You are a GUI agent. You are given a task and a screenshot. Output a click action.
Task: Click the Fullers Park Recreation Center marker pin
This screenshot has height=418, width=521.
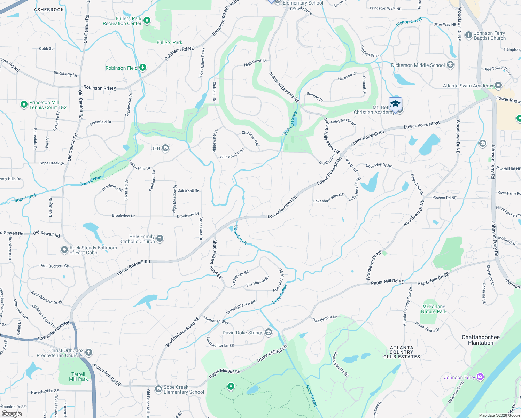click(147, 21)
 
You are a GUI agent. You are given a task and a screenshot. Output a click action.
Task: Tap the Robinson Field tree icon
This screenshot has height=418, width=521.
click(143, 68)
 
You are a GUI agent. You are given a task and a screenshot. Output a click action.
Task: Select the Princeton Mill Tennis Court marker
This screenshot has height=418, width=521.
click(24, 104)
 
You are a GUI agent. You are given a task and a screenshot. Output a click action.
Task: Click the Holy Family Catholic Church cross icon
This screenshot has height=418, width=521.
click(160, 238)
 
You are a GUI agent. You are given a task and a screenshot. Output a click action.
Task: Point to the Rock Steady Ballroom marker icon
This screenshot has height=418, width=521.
click(64, 250)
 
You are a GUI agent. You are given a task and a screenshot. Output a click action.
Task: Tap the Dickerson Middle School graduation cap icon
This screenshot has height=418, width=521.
click(450, 65)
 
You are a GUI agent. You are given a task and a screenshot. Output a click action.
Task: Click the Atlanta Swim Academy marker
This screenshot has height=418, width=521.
click(498, 85)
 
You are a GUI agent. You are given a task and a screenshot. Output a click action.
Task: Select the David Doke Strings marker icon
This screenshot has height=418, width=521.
click(269, 332)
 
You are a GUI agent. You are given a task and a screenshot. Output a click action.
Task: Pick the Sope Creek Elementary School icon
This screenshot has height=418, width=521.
click(158, 388)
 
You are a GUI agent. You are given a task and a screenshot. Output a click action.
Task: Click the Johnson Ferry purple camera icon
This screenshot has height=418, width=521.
click(480, 377)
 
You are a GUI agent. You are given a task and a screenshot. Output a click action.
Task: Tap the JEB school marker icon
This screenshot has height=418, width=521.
click(165, 148)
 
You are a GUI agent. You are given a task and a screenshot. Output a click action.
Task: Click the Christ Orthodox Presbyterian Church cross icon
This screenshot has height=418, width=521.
click(89, 352)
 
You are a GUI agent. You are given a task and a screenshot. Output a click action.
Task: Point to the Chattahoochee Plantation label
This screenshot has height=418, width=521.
click(481, 340)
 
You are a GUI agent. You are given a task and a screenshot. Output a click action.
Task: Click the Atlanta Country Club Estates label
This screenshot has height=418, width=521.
click(402, 352)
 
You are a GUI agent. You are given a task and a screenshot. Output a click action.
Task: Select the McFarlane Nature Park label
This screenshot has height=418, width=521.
click(434, 309)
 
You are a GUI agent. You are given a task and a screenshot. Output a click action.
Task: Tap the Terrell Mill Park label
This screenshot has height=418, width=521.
click(78, 377)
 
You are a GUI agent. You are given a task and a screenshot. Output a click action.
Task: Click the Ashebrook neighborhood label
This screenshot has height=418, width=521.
click(49, 10)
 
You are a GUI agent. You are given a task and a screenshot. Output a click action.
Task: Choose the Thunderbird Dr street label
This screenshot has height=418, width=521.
click(324, 319)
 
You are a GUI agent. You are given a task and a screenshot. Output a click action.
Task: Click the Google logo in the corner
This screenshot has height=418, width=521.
click(11, 414)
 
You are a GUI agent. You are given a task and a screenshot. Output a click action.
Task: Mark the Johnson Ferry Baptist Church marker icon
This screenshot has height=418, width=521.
click(468, 36)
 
